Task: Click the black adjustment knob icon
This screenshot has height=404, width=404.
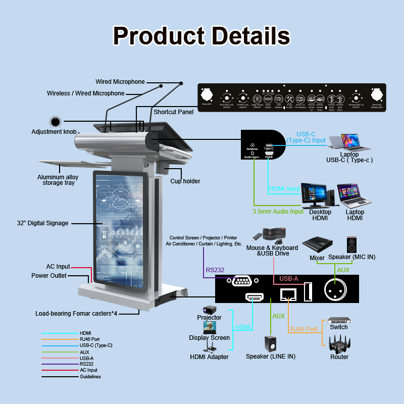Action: (x=55, y=122)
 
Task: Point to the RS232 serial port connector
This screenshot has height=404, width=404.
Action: (x=244, y=281)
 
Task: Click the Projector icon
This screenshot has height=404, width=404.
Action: (x=210, y=309)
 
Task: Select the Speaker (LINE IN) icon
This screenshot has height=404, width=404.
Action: (x=270, y=343)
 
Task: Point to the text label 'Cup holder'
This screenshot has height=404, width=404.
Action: (x=185, y=181)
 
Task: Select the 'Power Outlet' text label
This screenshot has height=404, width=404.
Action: (x=48, y=276)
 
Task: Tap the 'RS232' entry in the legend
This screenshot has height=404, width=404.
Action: (x=86, y=364)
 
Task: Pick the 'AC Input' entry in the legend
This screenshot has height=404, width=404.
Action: (x=88, y=370)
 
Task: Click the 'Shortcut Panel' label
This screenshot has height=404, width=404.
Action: (x=173, y=112)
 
